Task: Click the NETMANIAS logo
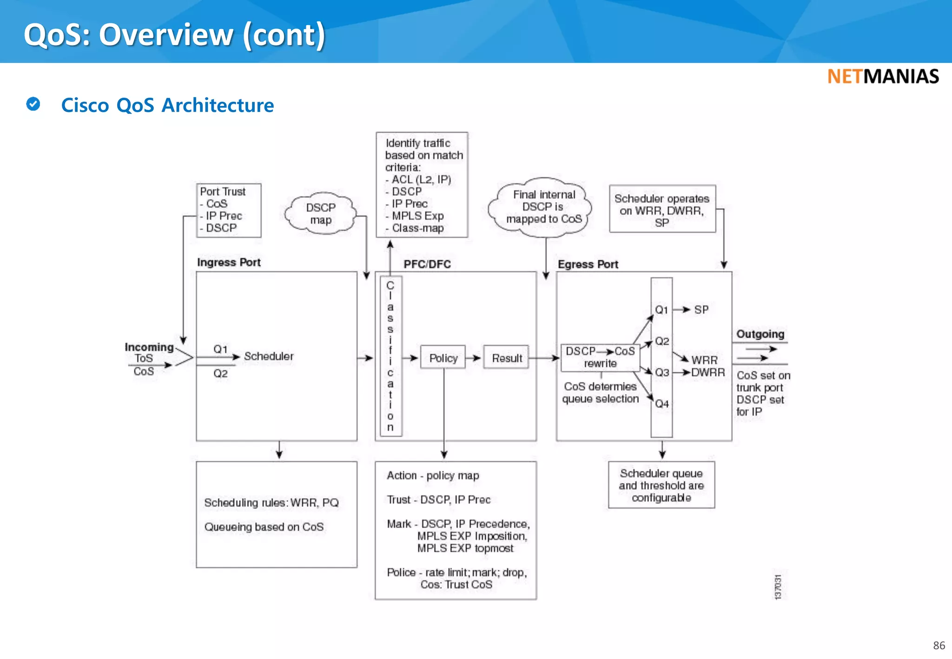pyautogui.click(x=883, y=77)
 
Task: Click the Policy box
pyautogui.click(x=443, y=358)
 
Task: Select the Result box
pyautogui.click(x=506, y=358)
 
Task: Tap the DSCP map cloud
pyautogui.click(x=320, y=213)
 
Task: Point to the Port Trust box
pyautogui.click(x=229, y=210)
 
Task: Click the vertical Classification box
pyautogui.click(x=390, y=356)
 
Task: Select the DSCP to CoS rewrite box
pyautogui.click(x=600, y=357)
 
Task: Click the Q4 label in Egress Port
pyautogui.click(x=661, y=404)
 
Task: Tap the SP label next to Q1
pyautogui.click(x=701, y=310)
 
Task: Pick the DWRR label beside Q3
pyautogui.click(x=707, y=373)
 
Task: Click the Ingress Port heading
pyautogui.click(x=229, y=263)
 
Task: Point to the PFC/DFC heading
pyautogui.click(x=427, y=264)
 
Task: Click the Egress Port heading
pyautogui.click(x=588, y=264)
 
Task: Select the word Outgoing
pyautogui.click(x=760, y=334)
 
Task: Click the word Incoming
pyautogui.click(x=149, y=347)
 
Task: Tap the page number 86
pyautogui.click(x=939, y=646)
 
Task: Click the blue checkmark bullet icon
pyautogui.click(x=33, y=104)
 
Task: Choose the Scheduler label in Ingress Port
pyautogui.click(x=269, y=356)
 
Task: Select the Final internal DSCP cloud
pyautogui.click(x=543, y=207)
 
